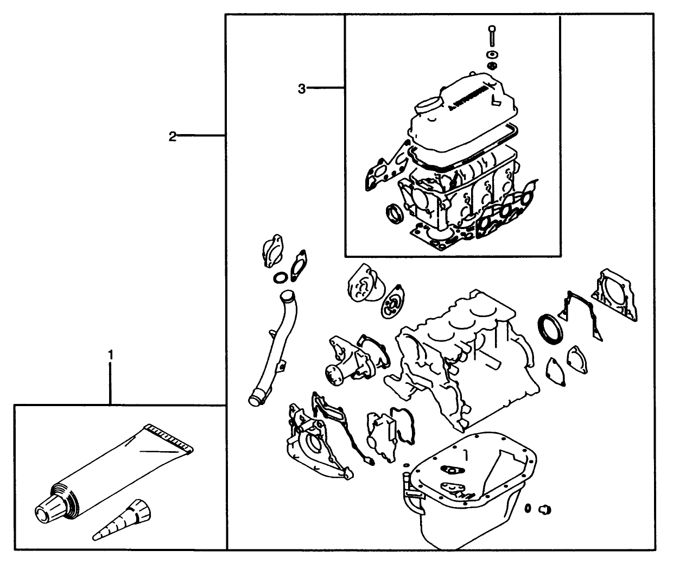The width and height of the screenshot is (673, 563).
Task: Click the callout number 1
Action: [111, 355]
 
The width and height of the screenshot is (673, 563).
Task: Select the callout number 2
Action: [172, 136]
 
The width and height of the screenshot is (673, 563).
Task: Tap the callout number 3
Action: [302, 88]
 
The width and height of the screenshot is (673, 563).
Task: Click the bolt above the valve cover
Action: [491, 35]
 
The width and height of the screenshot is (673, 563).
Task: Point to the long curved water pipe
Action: [270, 348]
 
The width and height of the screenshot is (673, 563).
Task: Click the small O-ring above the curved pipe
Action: [280, 279]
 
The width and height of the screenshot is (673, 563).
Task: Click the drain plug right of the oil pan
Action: [545, 509]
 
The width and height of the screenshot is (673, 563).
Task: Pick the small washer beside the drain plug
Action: [528, 508]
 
